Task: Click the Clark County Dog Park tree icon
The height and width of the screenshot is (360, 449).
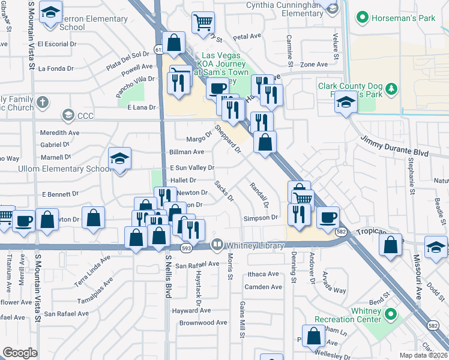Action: click(391, 89)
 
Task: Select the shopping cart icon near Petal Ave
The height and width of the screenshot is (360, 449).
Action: click(203, 23)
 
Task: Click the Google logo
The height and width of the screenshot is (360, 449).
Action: click(20, 353)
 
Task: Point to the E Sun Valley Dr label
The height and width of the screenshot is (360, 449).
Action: click(192, 168)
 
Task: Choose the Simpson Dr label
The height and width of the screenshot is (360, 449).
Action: click(261, 218)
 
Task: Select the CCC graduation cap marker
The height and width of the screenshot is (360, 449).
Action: click(68, 115)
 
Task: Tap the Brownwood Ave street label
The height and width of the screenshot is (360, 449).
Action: click(203, 322)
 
